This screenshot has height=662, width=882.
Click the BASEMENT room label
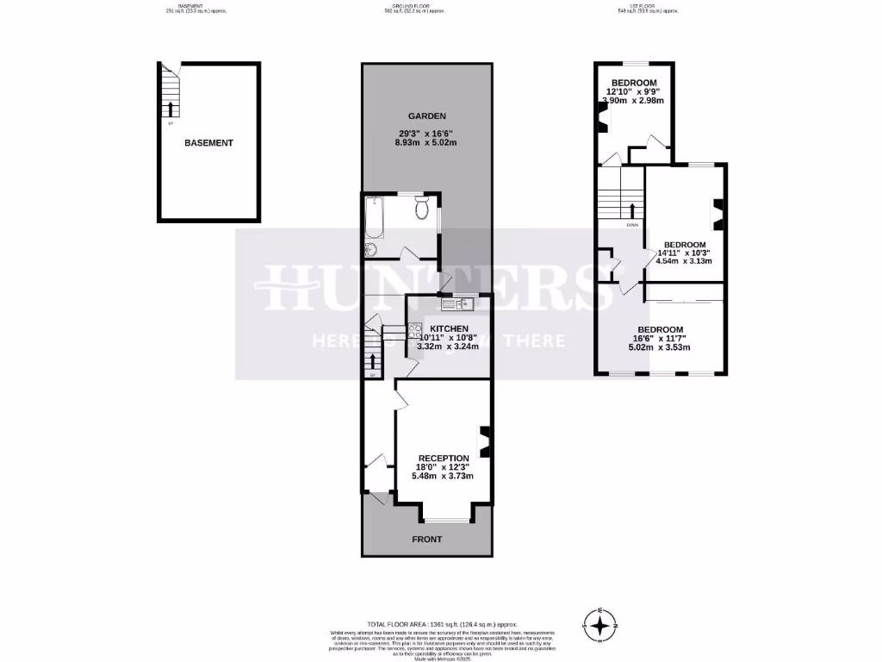(208, 143)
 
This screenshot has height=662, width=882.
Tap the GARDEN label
(426, 116)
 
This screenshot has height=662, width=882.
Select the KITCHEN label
(449, 328)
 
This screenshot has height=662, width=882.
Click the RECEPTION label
(444, 458)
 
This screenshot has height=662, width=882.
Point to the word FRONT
(426, 540)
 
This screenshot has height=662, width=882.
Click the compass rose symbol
(601, 624)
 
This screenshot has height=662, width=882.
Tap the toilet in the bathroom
(421, 209)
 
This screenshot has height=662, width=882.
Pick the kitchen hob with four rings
(413, 328)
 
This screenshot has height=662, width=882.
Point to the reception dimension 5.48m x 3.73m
(444, 476)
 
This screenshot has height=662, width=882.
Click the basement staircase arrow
(170, 109)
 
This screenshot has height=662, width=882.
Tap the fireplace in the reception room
(485, 440)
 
